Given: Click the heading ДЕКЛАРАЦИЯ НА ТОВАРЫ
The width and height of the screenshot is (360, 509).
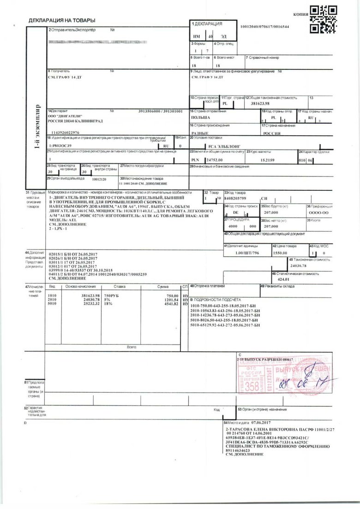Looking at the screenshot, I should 62,21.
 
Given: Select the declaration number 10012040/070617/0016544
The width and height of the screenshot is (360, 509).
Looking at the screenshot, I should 265,27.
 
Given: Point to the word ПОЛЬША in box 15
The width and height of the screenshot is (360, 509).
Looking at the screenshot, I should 200,118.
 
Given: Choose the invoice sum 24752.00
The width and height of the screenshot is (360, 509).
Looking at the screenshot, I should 214,159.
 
